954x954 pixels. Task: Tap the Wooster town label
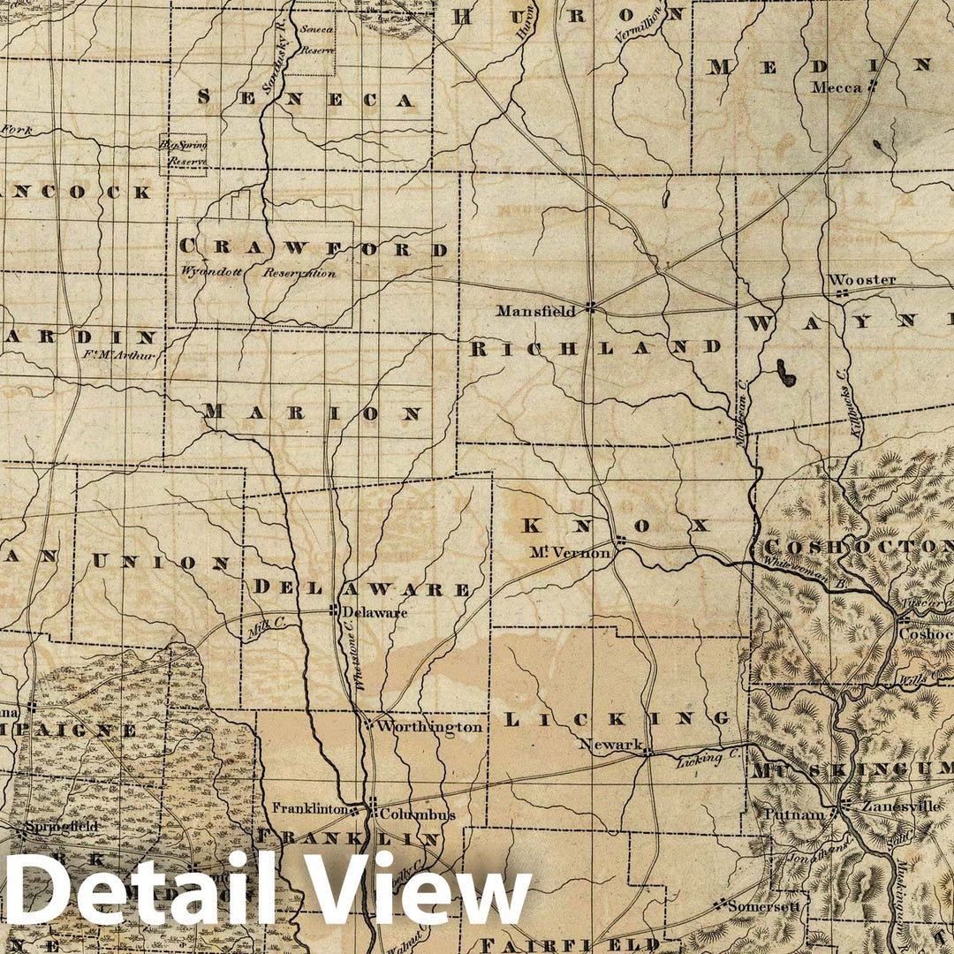pyautogui.click(x=861, y=280)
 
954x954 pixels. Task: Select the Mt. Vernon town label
pyautogui.click(x=570, y=553)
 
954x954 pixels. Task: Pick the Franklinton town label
pyautogui.click(x=308, y=808)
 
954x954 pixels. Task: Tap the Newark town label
pyautogui.click(x=610, y=745)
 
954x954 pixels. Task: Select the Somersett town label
pyautogui.click(x=760, y=905)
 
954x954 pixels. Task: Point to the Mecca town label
pyautogui.click(x=837, y=87)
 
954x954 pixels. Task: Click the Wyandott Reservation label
pyautogui.click(x=258, y=273)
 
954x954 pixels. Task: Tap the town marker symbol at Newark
pyautogui.click(x=647, y=753)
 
